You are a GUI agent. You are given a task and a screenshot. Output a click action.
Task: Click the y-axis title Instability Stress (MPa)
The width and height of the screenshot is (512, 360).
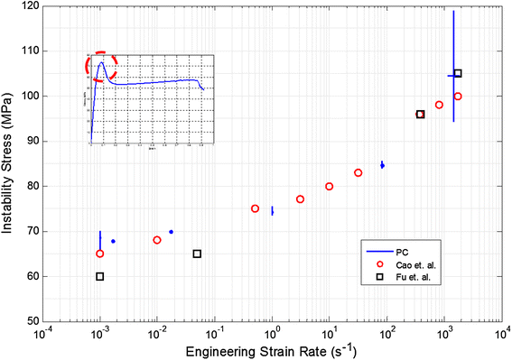[x=11, y=162]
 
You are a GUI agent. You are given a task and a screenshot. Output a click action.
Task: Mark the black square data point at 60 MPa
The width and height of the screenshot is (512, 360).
[x=100, y=276]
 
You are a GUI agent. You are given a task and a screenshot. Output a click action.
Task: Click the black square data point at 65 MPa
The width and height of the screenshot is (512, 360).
[x=197, y=254]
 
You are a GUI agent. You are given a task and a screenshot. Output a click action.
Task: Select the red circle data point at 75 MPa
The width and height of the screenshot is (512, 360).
[x=255, y=208]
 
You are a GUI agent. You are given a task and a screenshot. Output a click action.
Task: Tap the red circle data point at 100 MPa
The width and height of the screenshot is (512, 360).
[x=458, y=96]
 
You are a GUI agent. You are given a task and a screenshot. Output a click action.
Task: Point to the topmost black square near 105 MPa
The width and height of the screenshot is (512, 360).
[x=458, y=73]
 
